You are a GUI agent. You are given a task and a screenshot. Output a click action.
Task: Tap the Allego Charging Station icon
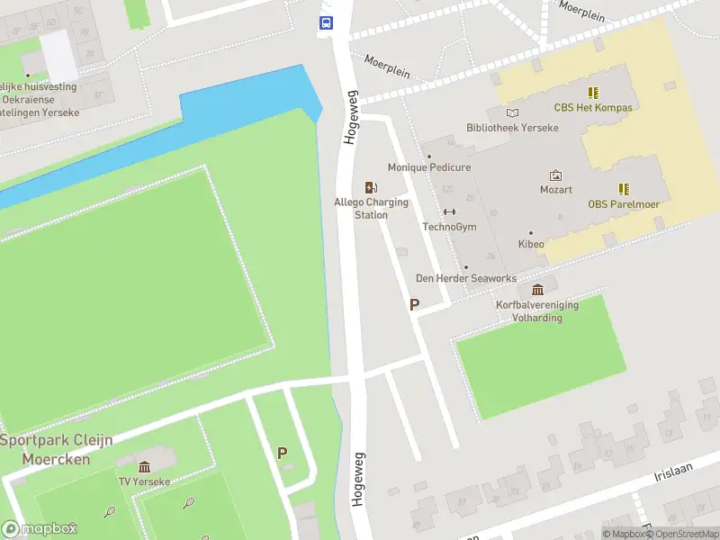click(x=371, y=187)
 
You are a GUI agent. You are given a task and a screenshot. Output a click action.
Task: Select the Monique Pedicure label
click(x=428, y=167)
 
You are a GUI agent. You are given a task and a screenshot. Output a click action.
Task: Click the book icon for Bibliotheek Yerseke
click(x=512, y=113)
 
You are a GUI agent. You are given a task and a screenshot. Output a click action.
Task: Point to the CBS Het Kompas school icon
click(x=593, y=93)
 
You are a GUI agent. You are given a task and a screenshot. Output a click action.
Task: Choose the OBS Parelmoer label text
click(x=624, y=204)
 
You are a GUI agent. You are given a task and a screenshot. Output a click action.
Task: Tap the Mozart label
click(x=555, y=190)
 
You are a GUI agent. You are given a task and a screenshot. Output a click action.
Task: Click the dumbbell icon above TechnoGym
click(x=449, y=212)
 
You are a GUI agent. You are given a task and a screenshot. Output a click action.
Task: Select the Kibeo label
click(x=530, y=244)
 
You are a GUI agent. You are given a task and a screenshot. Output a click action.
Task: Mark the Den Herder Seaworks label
click(x=465, y=278)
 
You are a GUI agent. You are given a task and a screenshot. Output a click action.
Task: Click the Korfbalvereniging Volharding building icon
click(x=537, y=290)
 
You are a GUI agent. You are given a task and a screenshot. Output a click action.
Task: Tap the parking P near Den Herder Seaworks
click(x=414, y=305)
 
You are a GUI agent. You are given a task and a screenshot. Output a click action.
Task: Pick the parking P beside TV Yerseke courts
click(x=283, y=454)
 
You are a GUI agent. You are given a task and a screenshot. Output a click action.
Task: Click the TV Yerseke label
click(x=144, y=481)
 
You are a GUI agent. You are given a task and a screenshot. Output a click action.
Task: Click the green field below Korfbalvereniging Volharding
click(x=540, y=360)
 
